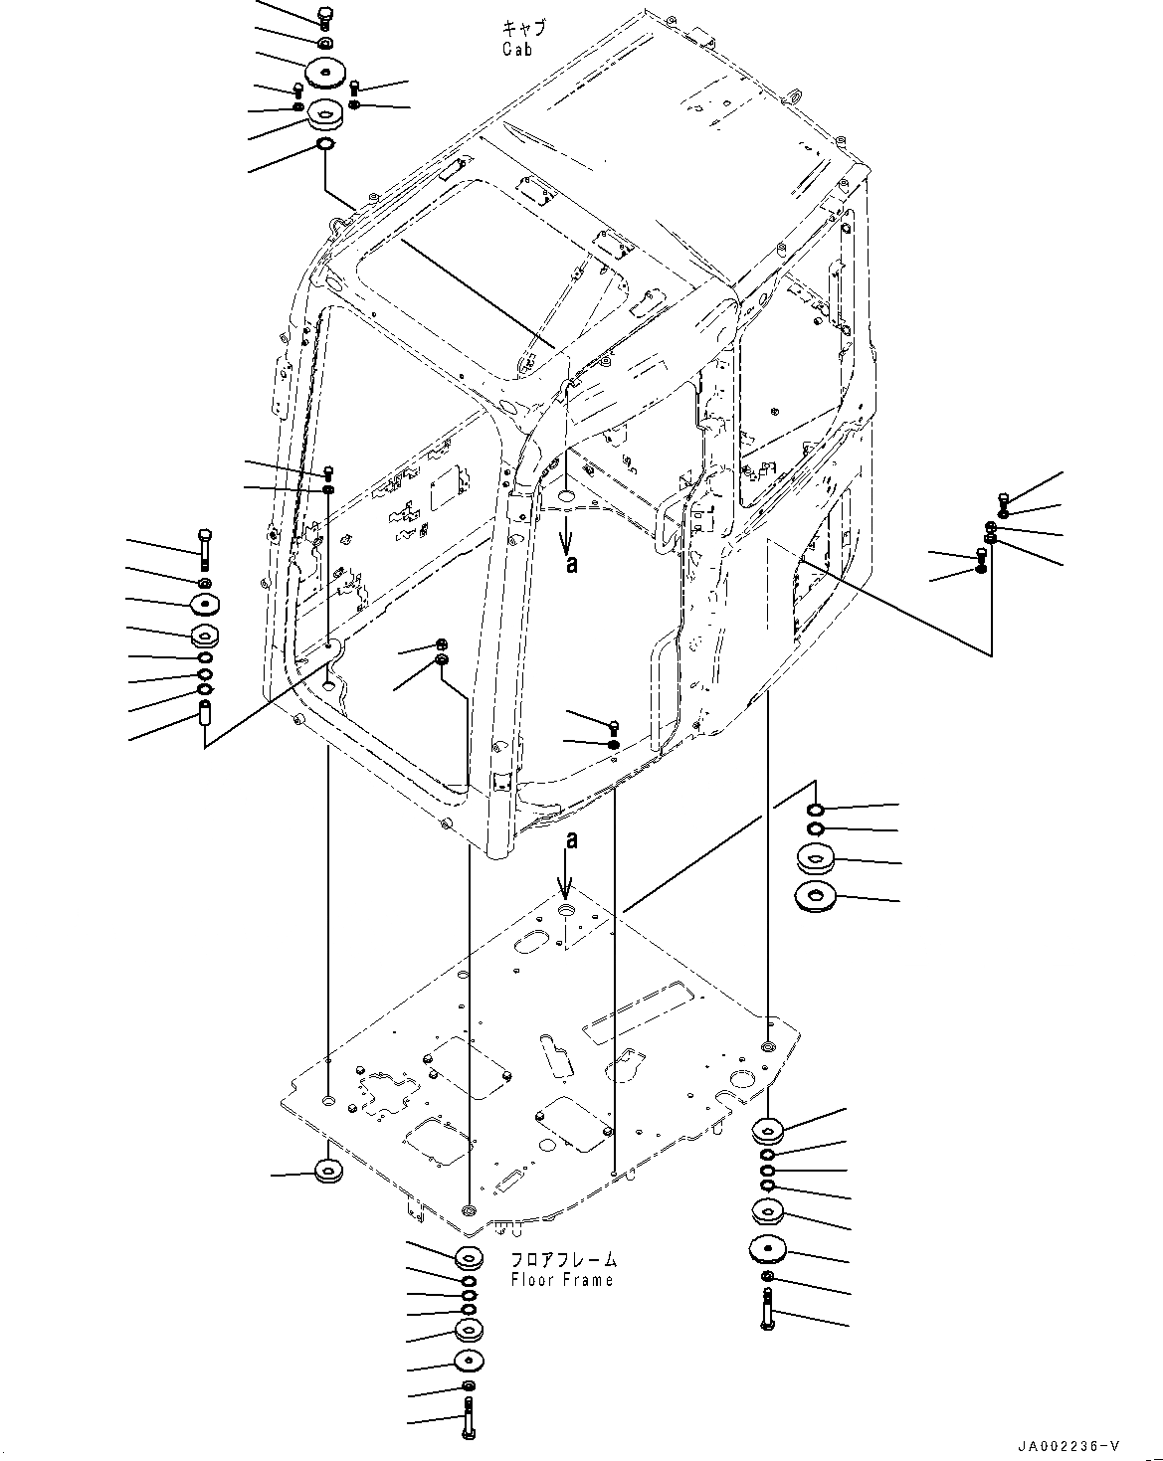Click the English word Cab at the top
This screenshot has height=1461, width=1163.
[516, 49]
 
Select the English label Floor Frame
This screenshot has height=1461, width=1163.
[562, 1280]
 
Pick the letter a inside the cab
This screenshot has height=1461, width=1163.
[570, 564]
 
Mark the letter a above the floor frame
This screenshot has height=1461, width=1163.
[570, 840]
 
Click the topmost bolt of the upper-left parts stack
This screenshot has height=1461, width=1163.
[325, 16]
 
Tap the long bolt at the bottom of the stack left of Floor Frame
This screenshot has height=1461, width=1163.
[468, 1413]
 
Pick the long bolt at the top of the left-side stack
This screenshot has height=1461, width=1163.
[204, 545]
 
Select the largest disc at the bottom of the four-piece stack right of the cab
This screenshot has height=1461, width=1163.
[814, 897]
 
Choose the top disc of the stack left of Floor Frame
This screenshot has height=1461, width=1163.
[469, 1258]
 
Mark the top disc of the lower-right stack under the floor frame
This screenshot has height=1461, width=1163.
[768, 1129]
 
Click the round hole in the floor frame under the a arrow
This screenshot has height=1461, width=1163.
[566, 912]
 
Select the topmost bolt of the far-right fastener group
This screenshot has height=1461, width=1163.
[1003, 499]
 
